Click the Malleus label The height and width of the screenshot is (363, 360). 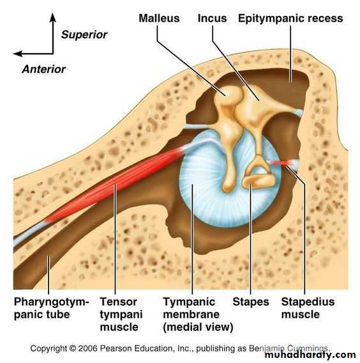[159, 19]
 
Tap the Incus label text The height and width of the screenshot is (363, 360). [213, 19]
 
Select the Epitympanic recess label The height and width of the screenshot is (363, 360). [290, 19]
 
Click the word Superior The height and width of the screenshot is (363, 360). [84, 35]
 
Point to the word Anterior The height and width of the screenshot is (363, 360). [43, 69]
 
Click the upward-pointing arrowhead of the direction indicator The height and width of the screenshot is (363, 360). [53, 17]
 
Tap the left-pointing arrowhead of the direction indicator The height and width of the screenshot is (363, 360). [18, 54]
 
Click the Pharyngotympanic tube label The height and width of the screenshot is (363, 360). [51, 308]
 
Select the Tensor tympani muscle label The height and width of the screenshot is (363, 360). [121, 314]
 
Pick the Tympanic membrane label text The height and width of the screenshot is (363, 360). [198, 314]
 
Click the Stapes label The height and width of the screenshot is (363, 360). [251, 302]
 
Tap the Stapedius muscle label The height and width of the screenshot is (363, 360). [308, 308]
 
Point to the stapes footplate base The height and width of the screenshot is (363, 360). [259, 181]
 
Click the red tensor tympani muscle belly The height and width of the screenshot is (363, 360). [111, 187]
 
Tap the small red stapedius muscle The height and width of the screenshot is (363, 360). [280, 163]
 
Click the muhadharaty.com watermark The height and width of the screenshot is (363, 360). [310, 355]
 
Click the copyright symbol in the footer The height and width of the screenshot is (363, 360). [73, 348]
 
